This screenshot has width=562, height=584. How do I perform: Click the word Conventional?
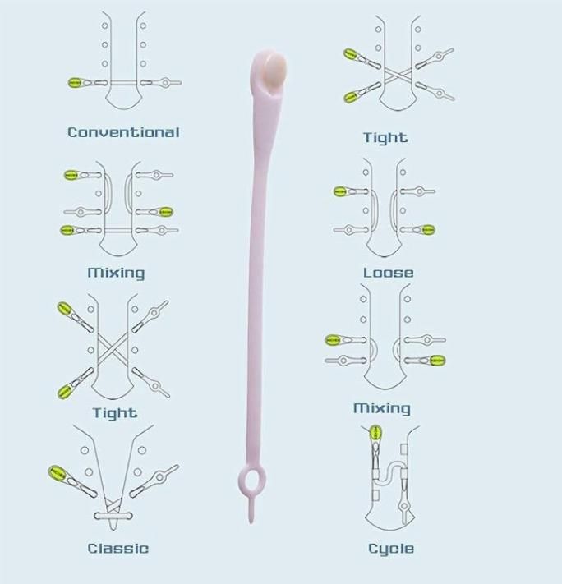pyautogui.click(x=123, y=132)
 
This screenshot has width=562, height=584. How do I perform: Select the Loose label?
pyautogui.click(x=389, y=273)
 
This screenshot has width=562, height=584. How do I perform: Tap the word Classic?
pyautogui.click(x=118, y=548)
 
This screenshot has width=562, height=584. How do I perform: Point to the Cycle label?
pyautogui.click(x=391, y=549)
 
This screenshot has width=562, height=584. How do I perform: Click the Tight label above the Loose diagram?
pyautogui.click(x=385, y=138)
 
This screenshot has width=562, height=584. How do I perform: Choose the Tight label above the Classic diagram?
pyautogui.click(x=115, y=413)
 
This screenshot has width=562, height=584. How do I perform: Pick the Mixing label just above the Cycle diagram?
pyautogui.click(x=382, y=408)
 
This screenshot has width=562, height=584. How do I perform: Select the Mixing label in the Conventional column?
pyautogui.click(x=116, y=273)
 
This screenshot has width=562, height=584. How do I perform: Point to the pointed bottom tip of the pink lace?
pyautogui.click(x=251, y=522)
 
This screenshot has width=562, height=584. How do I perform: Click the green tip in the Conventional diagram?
pyautogui.click(x=75, y=83)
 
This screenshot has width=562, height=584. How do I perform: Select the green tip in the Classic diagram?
pyautogui.click(x=57, y=472)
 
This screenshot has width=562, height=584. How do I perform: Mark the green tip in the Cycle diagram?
pyautogui.click(x=375, y=433)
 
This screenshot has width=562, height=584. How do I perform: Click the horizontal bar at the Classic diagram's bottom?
pyautogui.click(x=113, y=516)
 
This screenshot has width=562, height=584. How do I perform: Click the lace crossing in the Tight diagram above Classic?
pyautogui.click(x=113, y=350)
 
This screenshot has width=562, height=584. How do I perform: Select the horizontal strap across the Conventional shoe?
pyautogui.click(x=124, y=83)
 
